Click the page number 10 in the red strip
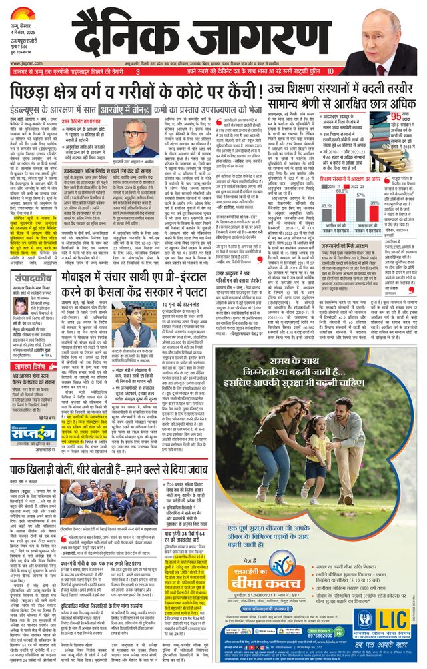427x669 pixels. click(x=331, y=71)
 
